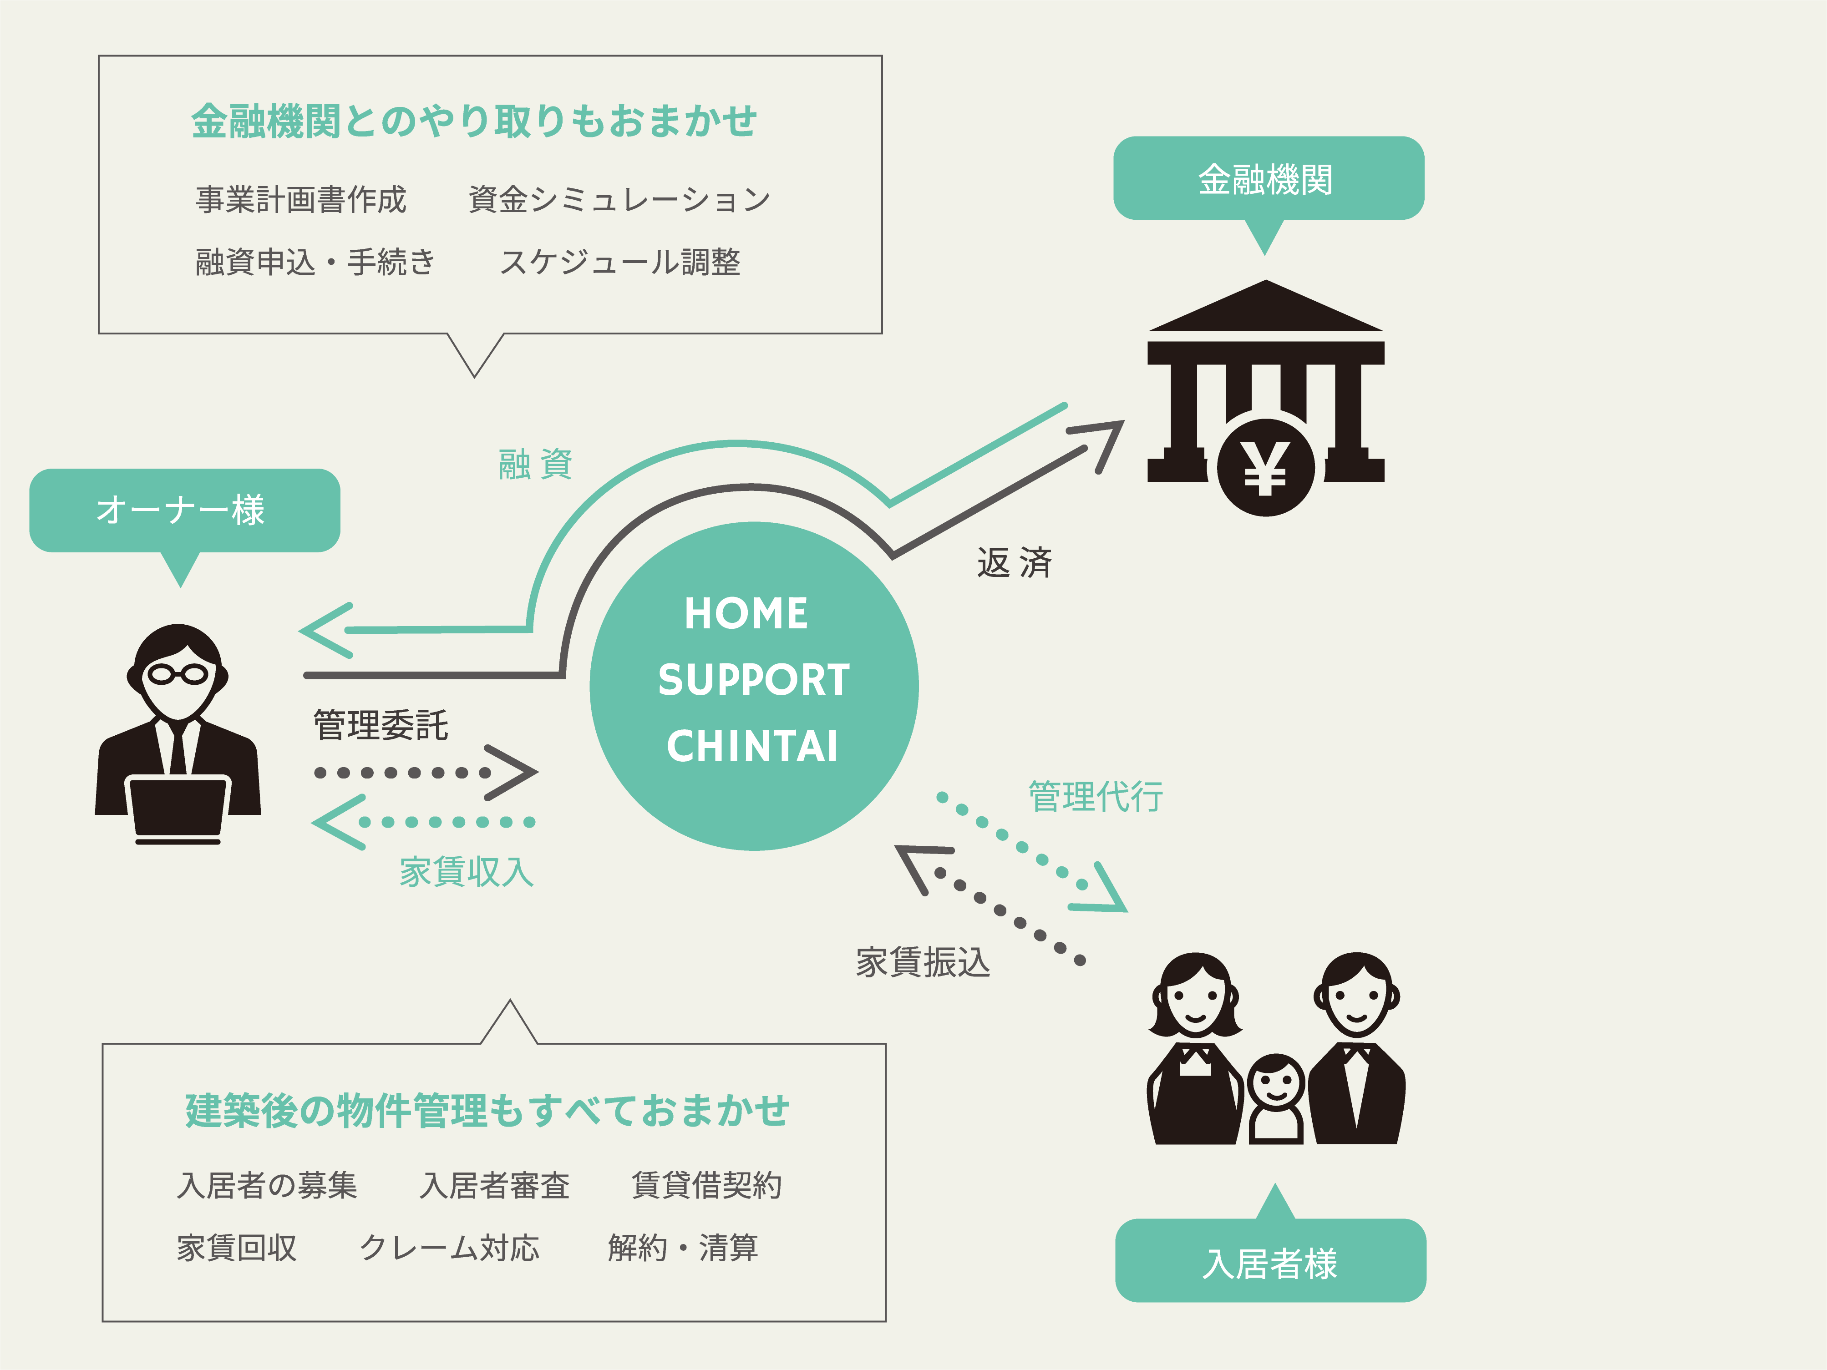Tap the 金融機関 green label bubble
pyautogui.click(x=1268, y=178)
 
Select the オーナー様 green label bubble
pyautogui.click(x=184, y=510)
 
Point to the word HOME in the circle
pyautogui.click(x=746, y=614)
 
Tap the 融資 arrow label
pyautogui.click(x=535, y=464)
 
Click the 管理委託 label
pyautogui.click(x=381, y=725)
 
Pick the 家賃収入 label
pyautogui.click(x=467, y=871)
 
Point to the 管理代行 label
pyautogui.click(x=1095, y=796)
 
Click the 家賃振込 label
pyautogui.click(x=923, y=962)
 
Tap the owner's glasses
pyautogui.click(x=178, y=674)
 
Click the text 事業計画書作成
pyautogui.click(x=301, y=199)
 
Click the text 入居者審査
pyautogui.click(x=494, y=1185)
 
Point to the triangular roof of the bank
pyautogui.click(x=1265, y=307)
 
